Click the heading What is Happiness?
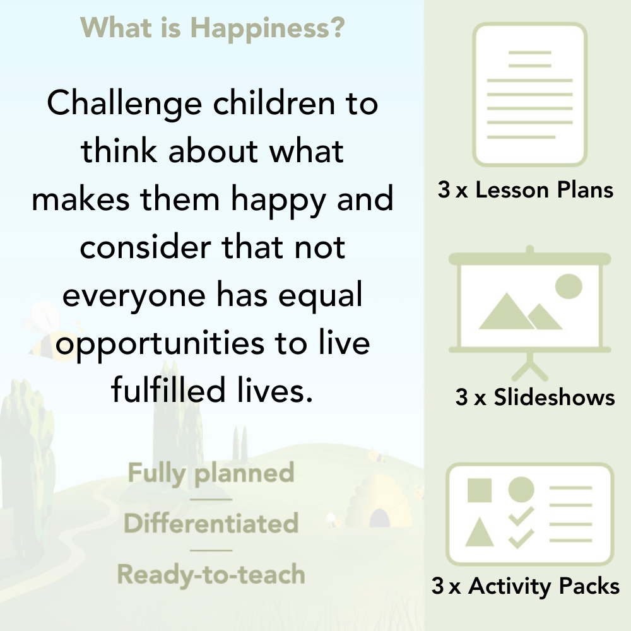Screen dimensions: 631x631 tap(213, 27)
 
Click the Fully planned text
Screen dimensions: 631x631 tap(211, 473)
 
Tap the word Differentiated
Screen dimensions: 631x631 tap(211, 524)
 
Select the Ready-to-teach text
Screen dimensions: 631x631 tap(211, 574)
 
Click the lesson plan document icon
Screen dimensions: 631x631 tap(530, 95)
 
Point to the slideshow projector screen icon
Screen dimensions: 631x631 tap(530, 303)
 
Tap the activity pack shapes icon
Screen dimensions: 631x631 tap(530, 514)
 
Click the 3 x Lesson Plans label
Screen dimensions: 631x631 tap(526, 190)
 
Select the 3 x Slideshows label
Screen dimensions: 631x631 tap(535, 397)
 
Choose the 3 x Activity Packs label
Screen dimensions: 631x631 tap(526, 586)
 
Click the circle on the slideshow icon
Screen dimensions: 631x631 tap(568, 286)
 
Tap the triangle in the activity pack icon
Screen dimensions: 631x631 tap(479, 533)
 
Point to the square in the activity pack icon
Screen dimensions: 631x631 tap(480, 490)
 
